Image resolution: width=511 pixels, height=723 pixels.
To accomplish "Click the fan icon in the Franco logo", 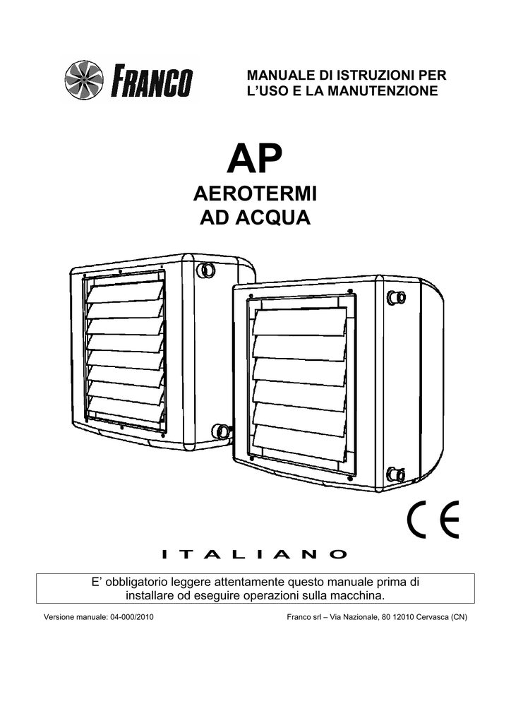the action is click(x=84, y=80).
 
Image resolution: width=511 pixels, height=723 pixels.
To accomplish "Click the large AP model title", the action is click(x=254, y=158).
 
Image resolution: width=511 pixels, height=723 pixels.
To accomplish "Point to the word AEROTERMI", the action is click(x=255, y=193).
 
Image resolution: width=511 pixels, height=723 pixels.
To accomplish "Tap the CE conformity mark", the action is click(x=433, y=519).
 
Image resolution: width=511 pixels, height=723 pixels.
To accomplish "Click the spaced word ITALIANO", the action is click(x=255, y=554).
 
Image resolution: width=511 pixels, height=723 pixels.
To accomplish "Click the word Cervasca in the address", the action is click(x=432, y=617).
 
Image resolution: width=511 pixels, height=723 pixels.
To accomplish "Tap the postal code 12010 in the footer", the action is click(x=404, y=617).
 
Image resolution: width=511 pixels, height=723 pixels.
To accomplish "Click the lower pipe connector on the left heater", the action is click(x=220, y=431).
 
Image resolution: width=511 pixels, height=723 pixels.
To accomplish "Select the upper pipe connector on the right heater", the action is click(x=396, y=297).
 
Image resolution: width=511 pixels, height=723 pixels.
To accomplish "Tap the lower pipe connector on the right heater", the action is click(x=395, y=474).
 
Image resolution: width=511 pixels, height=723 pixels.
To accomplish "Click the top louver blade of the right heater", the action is click(x=299, y=322).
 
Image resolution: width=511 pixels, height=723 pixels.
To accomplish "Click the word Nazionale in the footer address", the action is click(x=361, y=617).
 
